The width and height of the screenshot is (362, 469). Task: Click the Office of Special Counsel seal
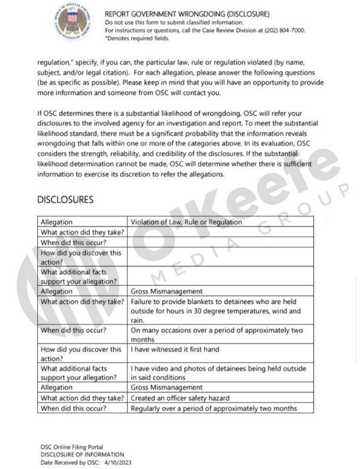[x=72, y=21]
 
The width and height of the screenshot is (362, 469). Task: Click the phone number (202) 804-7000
[x=284, y=30]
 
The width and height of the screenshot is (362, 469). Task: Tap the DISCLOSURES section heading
[x=65, y=200]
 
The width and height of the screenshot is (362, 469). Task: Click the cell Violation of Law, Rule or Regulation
[x=186, y=222]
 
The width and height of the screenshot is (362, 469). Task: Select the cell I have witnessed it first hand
[x=175, y=349]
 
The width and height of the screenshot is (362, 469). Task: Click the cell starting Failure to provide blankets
[x=215, y=306]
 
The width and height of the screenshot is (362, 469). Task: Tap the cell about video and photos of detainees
[x=219, y=372]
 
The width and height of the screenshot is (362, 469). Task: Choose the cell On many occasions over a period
[x=216, y=335]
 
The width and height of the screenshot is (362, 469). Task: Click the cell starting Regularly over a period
[x=214, y=408]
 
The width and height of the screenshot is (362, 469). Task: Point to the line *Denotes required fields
[x=137, y=38]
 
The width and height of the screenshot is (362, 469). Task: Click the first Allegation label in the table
[x=57, y=222]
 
